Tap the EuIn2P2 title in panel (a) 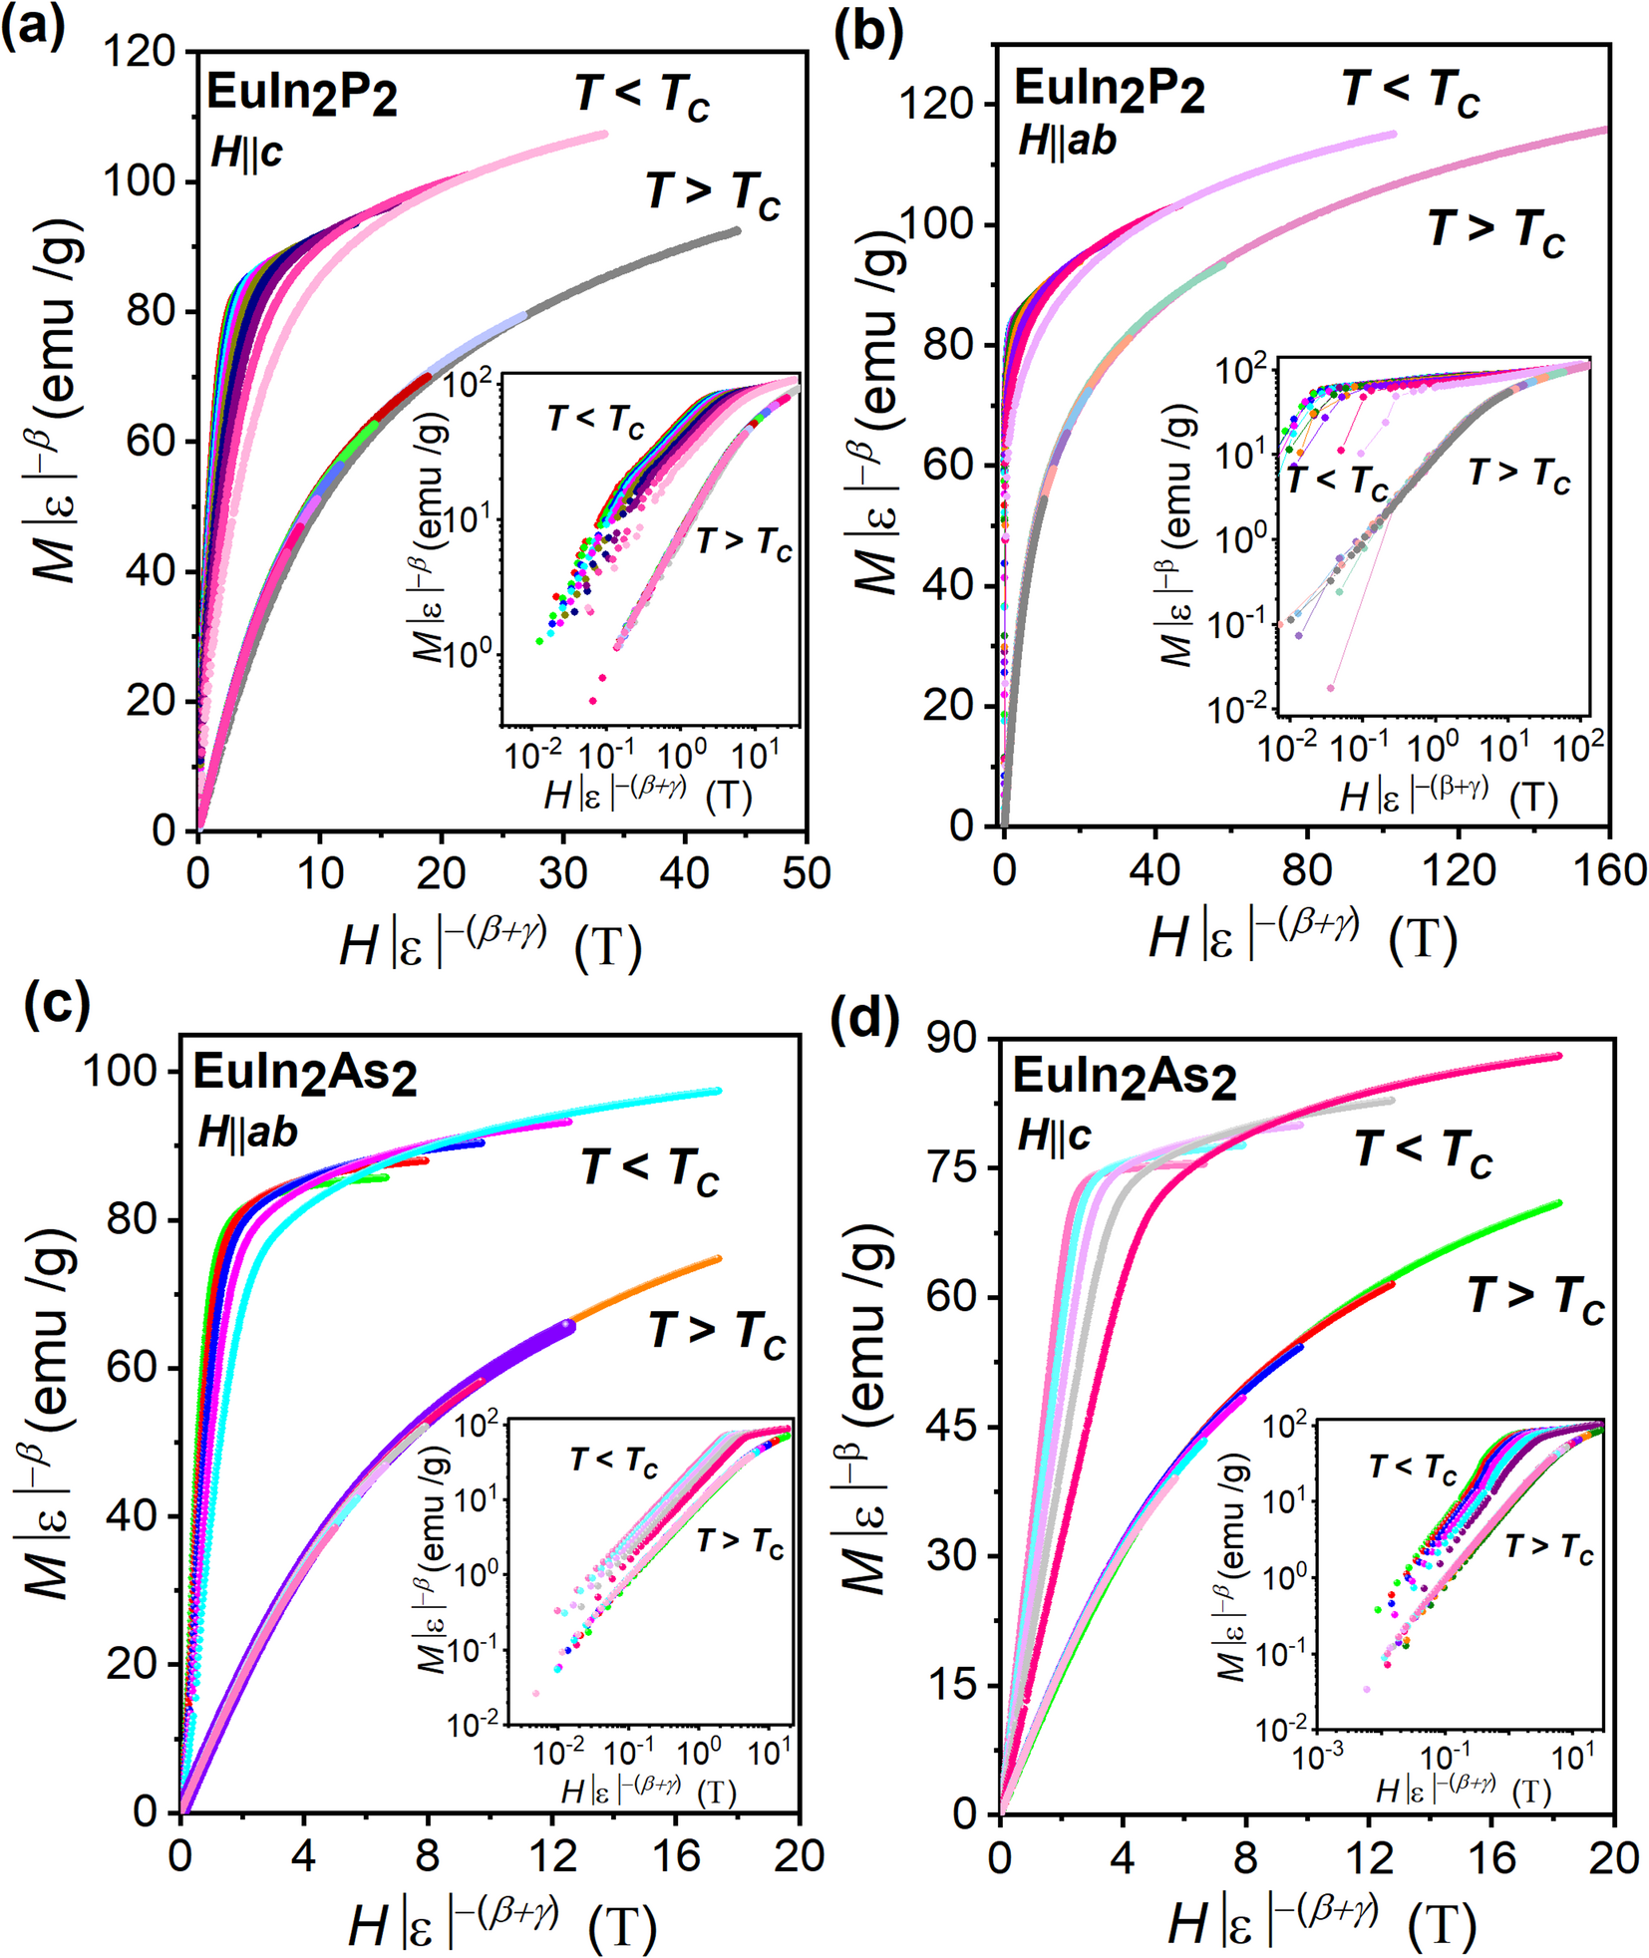point(301,96)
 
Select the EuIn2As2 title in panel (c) point(304,1075)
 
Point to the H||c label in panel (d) point(1054,1136)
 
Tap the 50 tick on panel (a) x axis point(806,873)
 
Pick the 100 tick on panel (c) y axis point(121,1072)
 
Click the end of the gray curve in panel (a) point(737,230)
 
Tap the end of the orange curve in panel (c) point(718,1259)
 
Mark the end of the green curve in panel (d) point(1558,1203)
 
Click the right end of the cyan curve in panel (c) point(718,1091)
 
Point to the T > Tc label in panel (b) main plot point(1495,231)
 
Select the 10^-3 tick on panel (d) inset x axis point(1318,1759)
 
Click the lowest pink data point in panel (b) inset point(1330,687)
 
